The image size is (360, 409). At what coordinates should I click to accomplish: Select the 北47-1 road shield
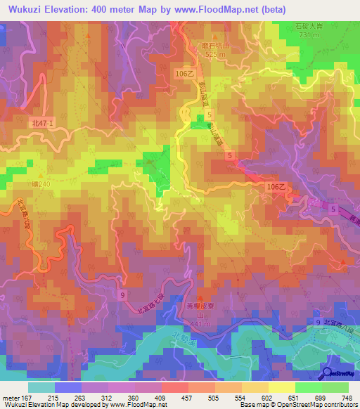(43, 123)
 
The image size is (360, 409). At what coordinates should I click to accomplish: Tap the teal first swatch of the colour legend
(41, 387)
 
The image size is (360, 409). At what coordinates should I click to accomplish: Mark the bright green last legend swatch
(335, 387)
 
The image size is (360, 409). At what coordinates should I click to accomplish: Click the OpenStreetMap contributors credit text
(319, 405)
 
